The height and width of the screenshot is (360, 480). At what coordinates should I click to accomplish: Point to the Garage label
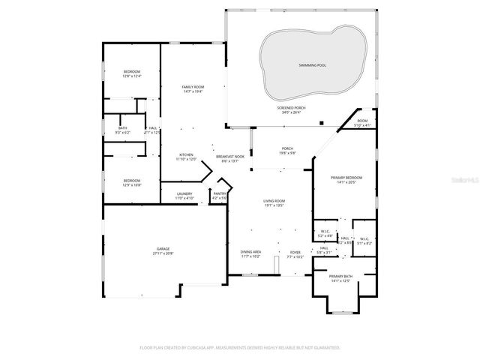coord(163,251)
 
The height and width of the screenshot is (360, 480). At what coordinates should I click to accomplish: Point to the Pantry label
coord(219,196)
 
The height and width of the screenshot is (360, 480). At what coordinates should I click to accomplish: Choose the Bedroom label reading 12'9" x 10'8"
coord(132,182)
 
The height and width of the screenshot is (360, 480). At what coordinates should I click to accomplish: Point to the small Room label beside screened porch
coord(362,122)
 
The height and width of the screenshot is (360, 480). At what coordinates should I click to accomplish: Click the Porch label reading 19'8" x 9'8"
coord(287,150)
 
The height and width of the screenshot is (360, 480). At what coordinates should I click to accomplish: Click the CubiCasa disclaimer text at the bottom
coord(240,347)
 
